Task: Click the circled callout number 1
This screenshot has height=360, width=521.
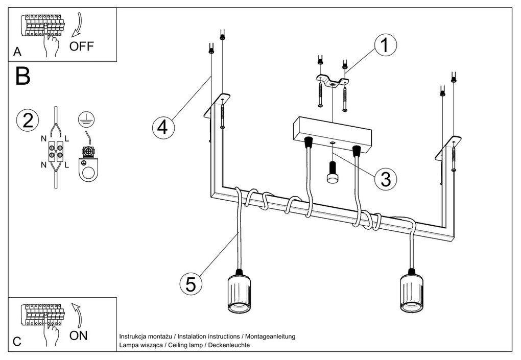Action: pyautogui.click(x=385, y=45)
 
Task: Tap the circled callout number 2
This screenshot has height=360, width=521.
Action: pyautogui.click(x=28, y=120)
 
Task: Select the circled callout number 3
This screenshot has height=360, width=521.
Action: pyautogui.click(x=386, y=178)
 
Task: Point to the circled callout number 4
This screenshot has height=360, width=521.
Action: pyautogui.click(x=162, y=127)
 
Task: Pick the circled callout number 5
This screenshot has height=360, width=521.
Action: pyautogui.click(x=191, y=284)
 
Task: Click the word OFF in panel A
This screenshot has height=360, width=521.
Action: pyautogui.click(x=82, y=46)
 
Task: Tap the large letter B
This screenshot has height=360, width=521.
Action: pyautogui.click(x=23, y=76)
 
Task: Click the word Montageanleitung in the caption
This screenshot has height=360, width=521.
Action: pyautogui.click(x=270, y=337)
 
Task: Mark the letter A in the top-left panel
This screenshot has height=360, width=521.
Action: pyautogui.click(x=18, y=52)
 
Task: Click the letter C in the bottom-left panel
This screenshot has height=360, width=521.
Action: pyautogui.click(x=17, y=342)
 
